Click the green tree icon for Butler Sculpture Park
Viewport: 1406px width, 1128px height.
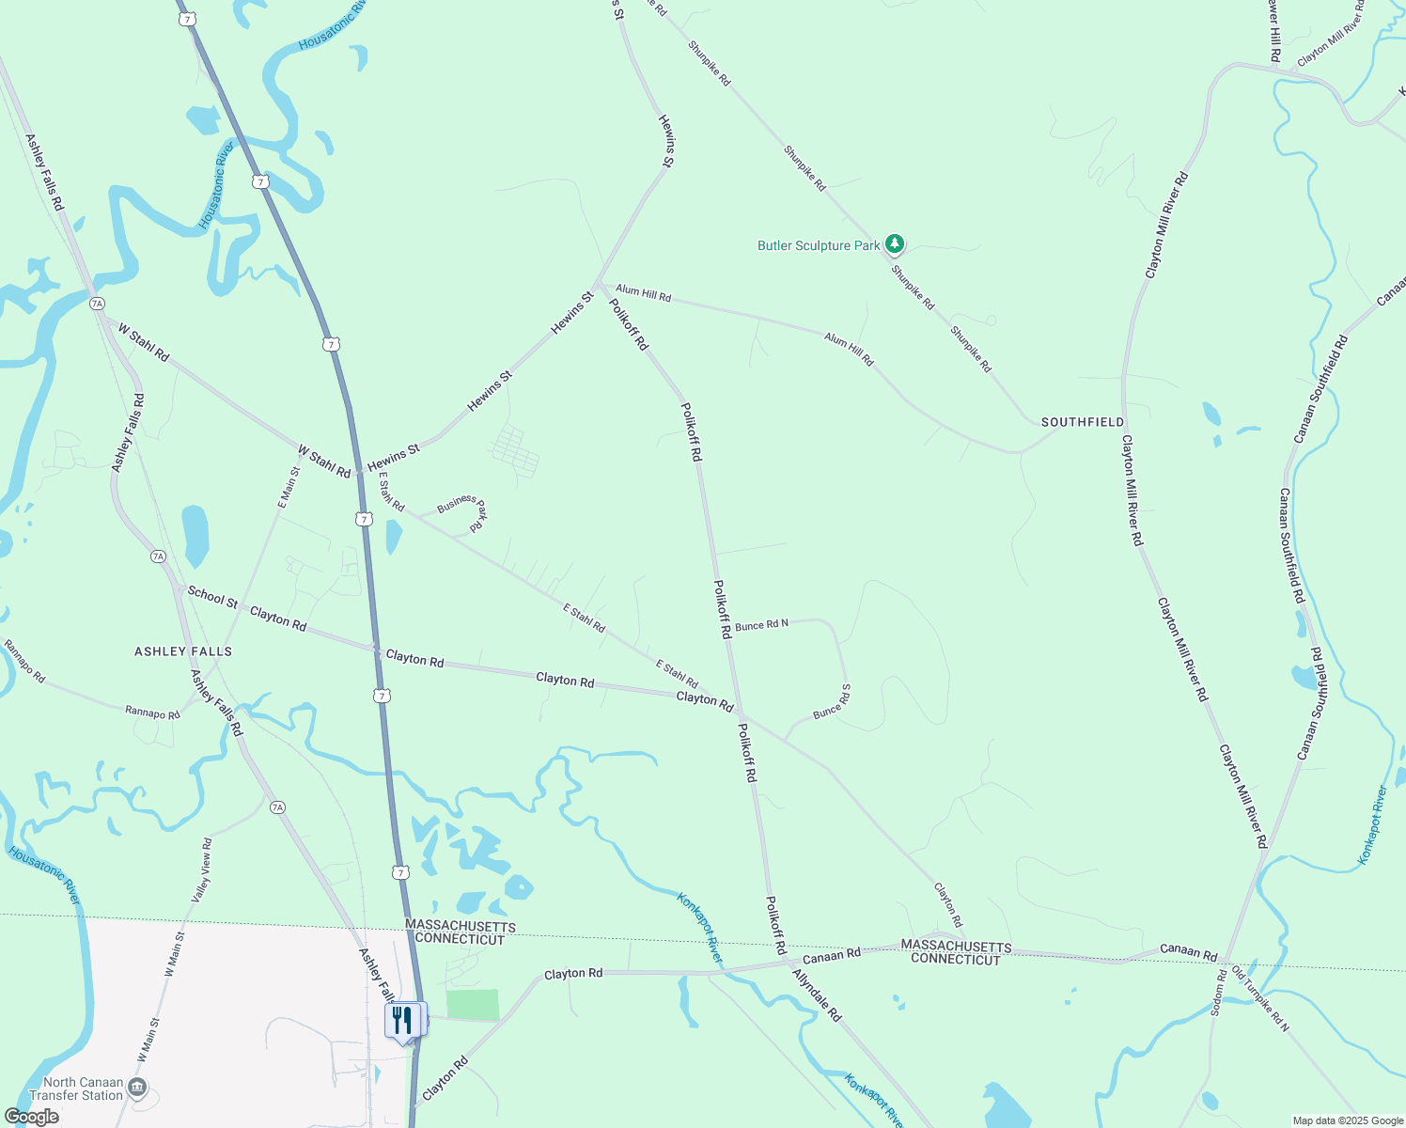point(895,245)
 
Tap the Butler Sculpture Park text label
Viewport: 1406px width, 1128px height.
point(819,246)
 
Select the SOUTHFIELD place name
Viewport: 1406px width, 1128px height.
point(1082,422)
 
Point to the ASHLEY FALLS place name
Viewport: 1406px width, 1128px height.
point(183,651)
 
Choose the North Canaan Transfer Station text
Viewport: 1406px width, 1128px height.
point(76,1089)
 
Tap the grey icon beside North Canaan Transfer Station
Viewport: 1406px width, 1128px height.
point(137,1089)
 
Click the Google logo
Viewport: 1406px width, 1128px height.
point(32,1117)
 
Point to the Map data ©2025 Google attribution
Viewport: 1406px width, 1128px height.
point(1348,1120)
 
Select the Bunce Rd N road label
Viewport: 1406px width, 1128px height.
point(761,625)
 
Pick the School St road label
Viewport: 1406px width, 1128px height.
point(212,597)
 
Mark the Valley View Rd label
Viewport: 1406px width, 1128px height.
point(202,870)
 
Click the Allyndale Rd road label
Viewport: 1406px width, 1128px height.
point(816,995)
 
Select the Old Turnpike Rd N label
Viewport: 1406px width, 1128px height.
point(1260,998)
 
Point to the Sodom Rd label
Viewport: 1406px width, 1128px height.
point(1218,993)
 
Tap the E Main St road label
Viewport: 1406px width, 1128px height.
point(289,488)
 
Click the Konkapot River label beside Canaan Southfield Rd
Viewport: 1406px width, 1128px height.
point(1373,825)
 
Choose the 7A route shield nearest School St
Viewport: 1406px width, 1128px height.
point(158,556)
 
